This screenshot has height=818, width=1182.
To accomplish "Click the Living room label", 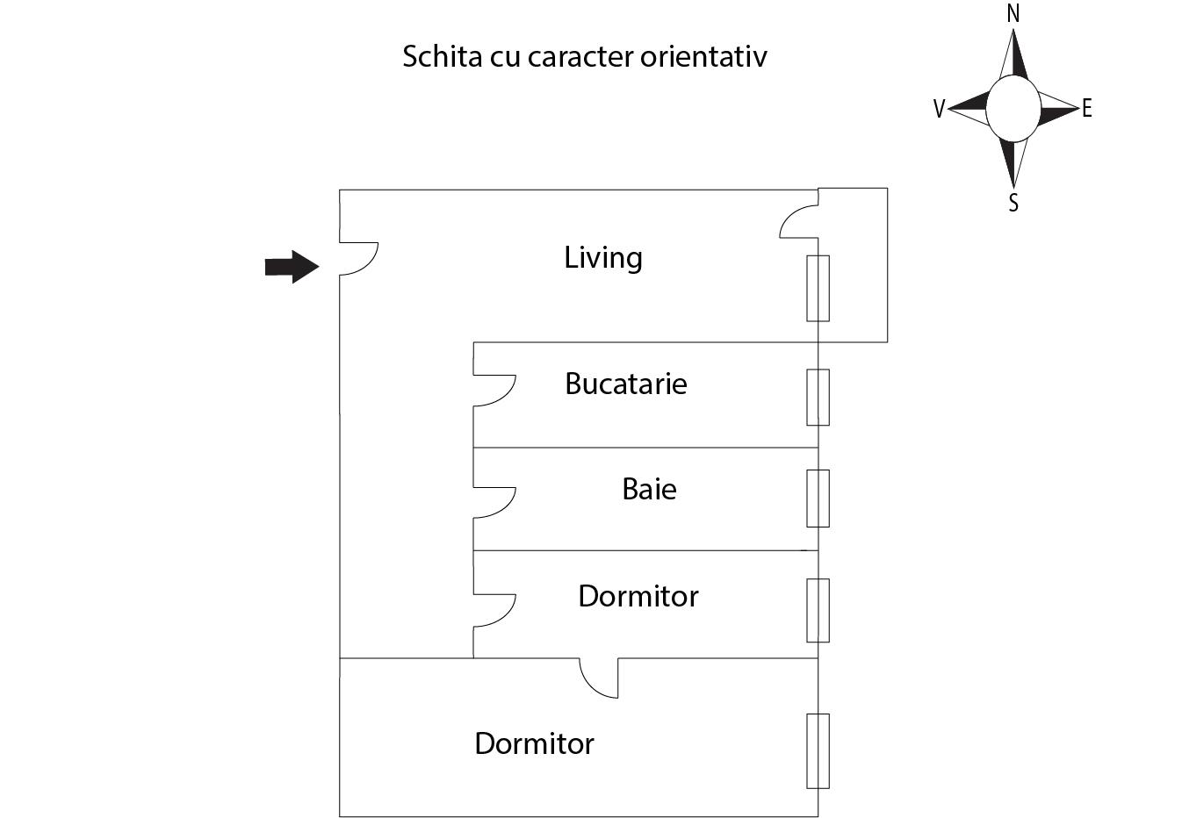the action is click(603, 258).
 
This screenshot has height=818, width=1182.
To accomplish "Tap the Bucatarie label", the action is click(626, 384).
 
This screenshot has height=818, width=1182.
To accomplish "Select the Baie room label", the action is click(649, 489).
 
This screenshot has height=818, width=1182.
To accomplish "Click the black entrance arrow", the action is click(292, 267).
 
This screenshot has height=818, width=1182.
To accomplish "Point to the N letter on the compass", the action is click(1013, 14).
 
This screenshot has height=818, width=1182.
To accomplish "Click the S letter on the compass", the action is click(1013, 203).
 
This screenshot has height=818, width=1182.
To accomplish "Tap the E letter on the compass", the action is click(1086, 108).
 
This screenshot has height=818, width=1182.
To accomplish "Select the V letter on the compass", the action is click(940, 109).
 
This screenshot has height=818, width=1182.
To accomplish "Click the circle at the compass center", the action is click(1013, 109).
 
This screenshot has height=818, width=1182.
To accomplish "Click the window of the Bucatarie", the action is click(818, 397).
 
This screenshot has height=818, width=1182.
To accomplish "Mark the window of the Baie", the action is click(818, 499).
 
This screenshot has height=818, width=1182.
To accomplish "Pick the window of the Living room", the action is click(818, 289).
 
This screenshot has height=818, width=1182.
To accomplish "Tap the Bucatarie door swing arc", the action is click(494, 391).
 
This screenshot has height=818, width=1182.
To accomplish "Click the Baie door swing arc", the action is click(494, 503).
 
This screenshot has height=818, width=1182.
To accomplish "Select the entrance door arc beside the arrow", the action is click(359, 258).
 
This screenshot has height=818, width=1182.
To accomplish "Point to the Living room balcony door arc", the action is click(799, 221).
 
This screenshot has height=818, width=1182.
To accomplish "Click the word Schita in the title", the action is click(443, 56).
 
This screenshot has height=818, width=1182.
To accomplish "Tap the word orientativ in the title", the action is click(703, 56).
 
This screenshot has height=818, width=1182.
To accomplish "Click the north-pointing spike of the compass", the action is click(1013, 54).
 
